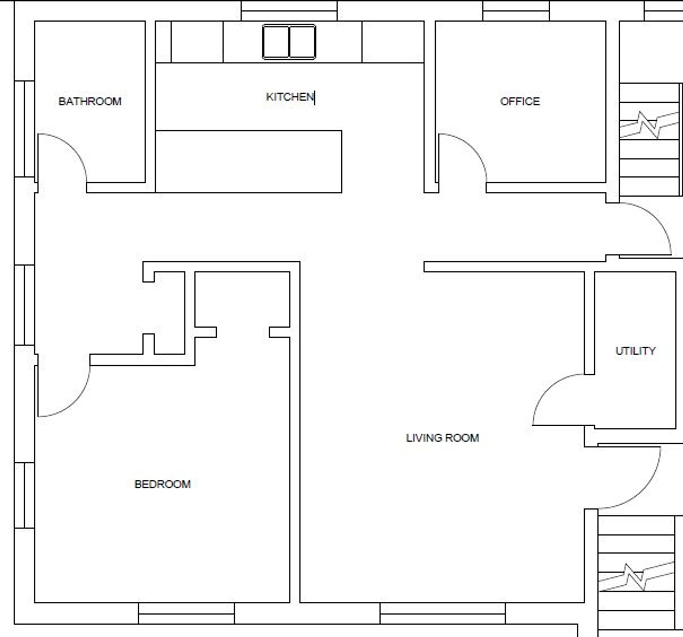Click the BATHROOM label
90,101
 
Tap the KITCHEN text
290,97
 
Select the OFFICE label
520,101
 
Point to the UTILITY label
635,351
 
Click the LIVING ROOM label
443,438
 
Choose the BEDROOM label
163,484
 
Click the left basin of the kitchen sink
276,42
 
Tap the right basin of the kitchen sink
302,42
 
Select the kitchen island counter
249,162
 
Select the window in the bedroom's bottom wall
186,613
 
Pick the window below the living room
442,613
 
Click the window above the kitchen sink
289,11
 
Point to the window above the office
516,11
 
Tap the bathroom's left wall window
25,129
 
